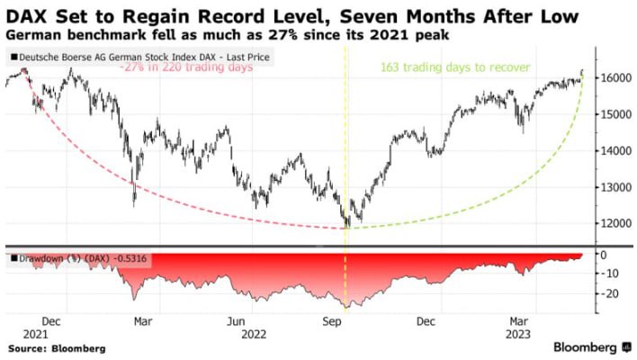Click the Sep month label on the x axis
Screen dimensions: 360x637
(333, 320)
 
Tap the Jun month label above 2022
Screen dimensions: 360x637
(237, 320)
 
